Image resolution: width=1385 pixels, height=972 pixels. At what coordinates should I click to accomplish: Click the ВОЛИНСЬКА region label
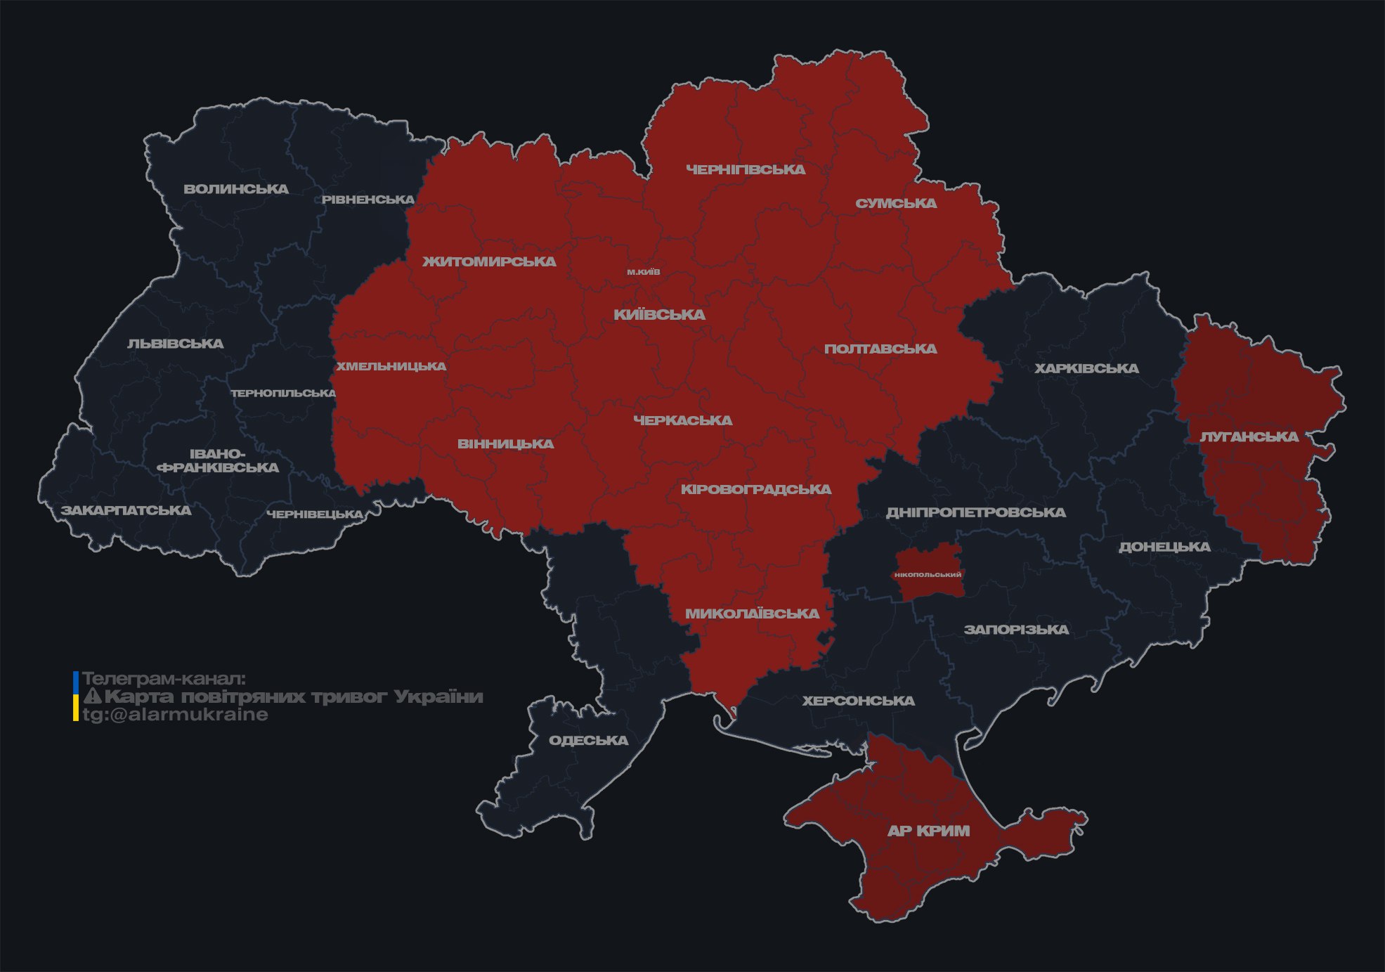coord(236,189)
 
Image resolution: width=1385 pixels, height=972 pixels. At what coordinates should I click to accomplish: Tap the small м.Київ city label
coord(644,272)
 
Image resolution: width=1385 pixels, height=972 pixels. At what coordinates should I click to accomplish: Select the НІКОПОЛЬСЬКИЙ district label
coord(928,575)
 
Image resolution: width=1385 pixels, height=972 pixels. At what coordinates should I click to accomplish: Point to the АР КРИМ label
coord(928,831)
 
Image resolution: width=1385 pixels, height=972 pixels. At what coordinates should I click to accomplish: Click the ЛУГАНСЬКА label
coord(1249,437)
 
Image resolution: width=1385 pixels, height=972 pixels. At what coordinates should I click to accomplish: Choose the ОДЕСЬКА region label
coord(588,741)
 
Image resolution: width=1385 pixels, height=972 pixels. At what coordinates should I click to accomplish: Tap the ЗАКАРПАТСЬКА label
coord(126,510)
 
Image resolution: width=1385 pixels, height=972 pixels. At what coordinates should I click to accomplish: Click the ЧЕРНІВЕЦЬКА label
coord(315,514)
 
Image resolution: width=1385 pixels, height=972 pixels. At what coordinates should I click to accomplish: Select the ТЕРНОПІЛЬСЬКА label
coord(283,394)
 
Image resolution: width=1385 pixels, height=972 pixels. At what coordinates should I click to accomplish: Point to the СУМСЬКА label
coord(896,204)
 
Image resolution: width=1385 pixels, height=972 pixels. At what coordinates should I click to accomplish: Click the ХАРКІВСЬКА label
coord(1086,369)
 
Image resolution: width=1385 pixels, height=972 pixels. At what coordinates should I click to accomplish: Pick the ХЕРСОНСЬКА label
coord(858,701)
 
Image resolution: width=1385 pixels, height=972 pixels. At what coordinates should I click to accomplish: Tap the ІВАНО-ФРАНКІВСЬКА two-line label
coord(218,461)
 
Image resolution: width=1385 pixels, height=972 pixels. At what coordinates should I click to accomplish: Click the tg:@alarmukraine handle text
coord(175,715)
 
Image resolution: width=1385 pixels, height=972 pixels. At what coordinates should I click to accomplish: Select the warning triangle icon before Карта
coord(93,696)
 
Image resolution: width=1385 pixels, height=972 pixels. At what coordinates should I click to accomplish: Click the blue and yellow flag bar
coord(76,696)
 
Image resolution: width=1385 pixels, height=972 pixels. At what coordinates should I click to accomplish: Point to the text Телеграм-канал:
coord(164,679)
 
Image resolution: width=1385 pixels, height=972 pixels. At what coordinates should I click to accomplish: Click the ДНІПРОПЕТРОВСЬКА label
coord(975,512)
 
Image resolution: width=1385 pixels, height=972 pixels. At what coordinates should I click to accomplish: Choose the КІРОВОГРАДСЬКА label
coord(755,489)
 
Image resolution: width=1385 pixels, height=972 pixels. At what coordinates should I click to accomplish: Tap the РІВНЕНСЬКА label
coord(368,200)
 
